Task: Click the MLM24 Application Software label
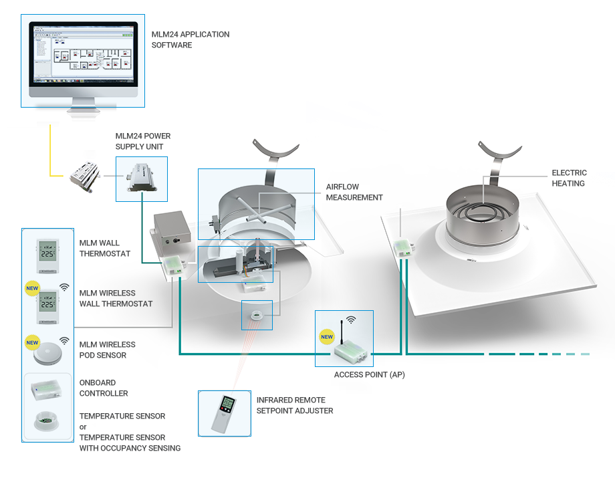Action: click(x=191, y=39)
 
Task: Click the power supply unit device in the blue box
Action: click(x=141, y=178)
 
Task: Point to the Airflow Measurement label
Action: click(x=354, y=192)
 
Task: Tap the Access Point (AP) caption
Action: click(x=369, y=374)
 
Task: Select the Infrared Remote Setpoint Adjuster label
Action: click(x=295, y=405)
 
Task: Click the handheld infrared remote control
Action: click(x=224, y=412)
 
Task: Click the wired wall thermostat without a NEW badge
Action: click(x=47, y=255)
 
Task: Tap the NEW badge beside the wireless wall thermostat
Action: click(x=32, y=289)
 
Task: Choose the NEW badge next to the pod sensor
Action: click(x=32, y=342)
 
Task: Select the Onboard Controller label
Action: click(x=104, y=388)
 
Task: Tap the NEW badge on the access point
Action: click(x=326, y=337)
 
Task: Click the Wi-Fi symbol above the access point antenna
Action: click(x=351, y=320)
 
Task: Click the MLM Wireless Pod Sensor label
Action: click(x=107, y=350)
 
